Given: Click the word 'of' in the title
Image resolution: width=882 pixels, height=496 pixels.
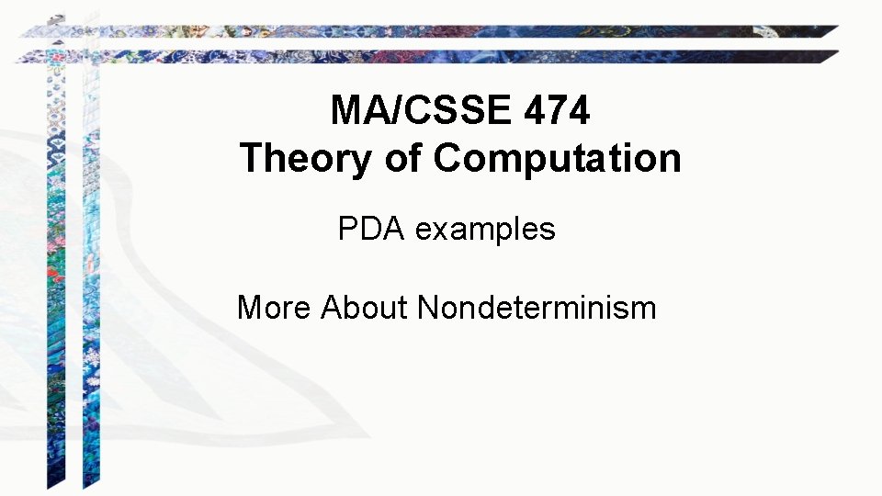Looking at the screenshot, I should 404,159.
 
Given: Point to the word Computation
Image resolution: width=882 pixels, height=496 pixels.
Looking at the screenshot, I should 557,159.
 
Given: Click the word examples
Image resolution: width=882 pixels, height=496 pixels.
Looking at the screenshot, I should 485,230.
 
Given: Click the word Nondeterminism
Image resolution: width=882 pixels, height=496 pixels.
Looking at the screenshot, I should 537,308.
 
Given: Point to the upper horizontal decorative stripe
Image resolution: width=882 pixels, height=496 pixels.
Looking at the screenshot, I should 432,31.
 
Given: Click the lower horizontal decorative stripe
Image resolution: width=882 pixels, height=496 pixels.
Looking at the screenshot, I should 432,56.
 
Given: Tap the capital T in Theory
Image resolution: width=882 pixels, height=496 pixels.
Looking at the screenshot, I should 251,159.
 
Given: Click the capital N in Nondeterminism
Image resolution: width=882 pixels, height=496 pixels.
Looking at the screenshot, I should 429,308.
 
